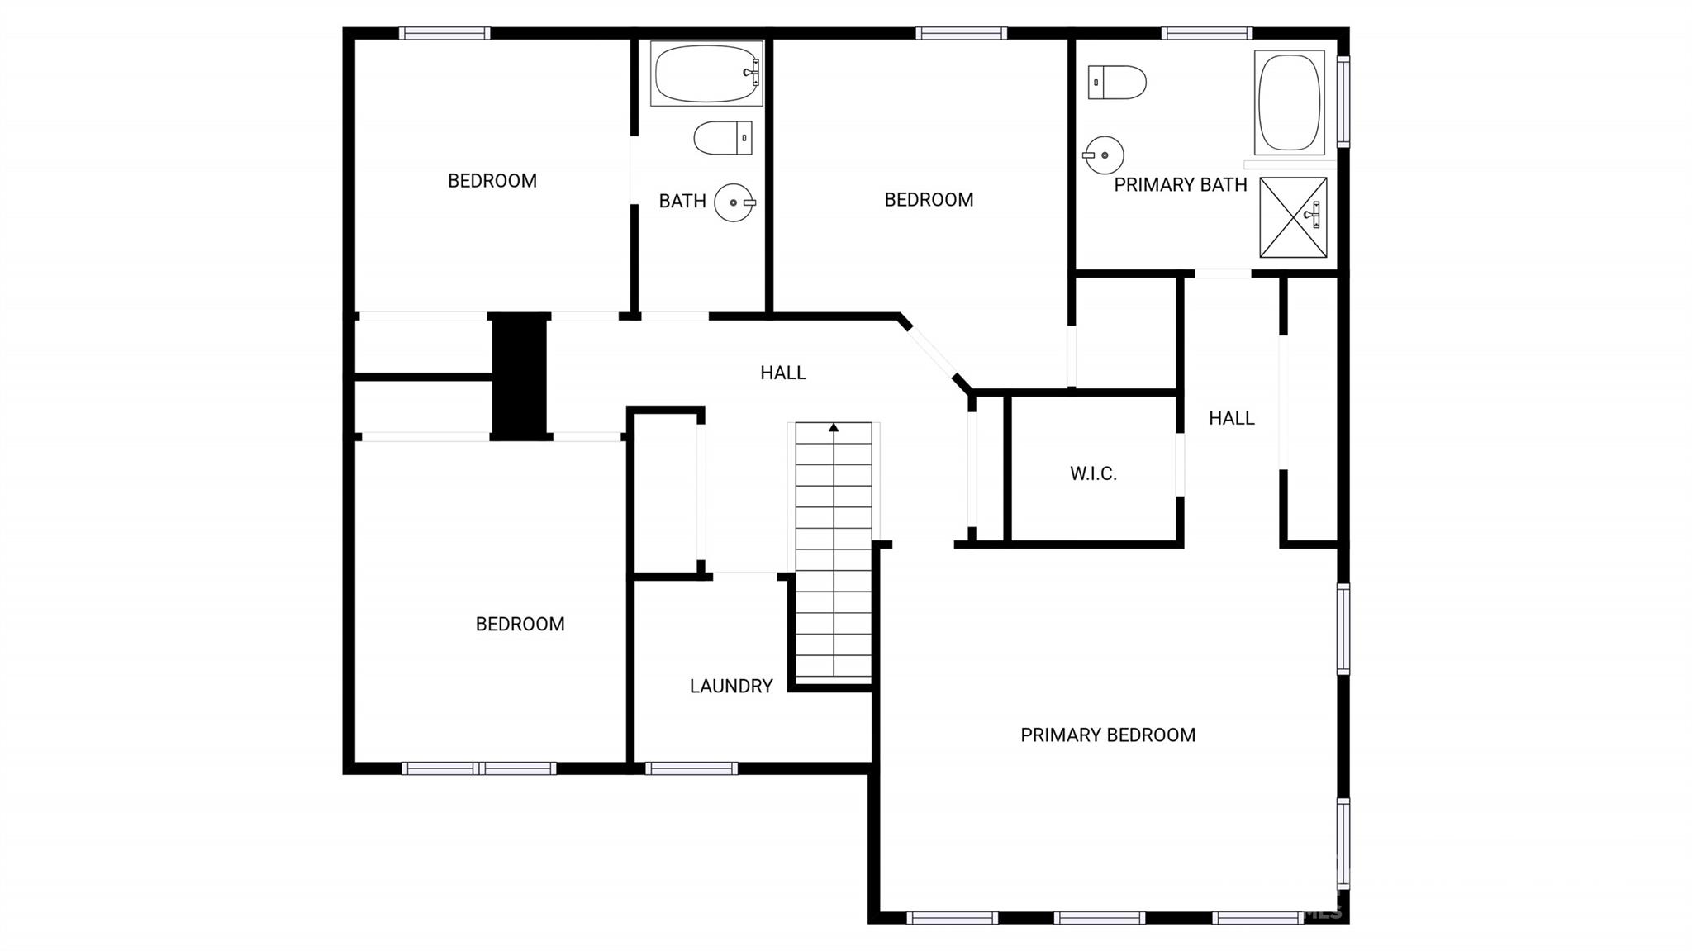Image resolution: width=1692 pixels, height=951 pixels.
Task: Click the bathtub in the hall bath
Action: tap(706, 74)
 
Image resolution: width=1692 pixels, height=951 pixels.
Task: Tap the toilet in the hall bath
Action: tap(723, 138)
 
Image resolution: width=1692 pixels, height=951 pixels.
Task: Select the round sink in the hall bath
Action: tap(734, 202)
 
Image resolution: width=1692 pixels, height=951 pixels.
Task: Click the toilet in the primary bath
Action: tap(1117, 83)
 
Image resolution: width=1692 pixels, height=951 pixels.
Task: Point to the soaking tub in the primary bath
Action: tap(1289, 102)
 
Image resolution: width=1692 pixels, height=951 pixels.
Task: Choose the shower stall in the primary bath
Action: tap(1293, 217)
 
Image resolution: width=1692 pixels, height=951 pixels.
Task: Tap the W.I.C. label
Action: tap(1093, 473)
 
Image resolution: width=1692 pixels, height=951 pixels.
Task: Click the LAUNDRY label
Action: tap(731, 686)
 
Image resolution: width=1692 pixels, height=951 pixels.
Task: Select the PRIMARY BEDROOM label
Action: tap(1108, 735)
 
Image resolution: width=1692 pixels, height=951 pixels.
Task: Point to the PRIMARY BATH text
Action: tap(1181, 185)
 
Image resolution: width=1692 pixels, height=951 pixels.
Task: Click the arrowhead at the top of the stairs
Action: tap(834, 427)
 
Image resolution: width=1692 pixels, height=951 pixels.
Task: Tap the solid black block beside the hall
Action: tap(520, 376)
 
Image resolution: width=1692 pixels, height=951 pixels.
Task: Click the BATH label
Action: tap(682, 201)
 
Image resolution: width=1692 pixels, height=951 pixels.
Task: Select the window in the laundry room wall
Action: tap(692, 768)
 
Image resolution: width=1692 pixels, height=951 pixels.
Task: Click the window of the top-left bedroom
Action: tap(444, 33)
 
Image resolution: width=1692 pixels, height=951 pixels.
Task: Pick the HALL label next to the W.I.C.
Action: tap(1232, 418)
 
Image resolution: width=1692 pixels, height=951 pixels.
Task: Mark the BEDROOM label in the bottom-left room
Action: tap(520, 624)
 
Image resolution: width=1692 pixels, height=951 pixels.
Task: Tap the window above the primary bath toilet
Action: tap(1207, 33)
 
